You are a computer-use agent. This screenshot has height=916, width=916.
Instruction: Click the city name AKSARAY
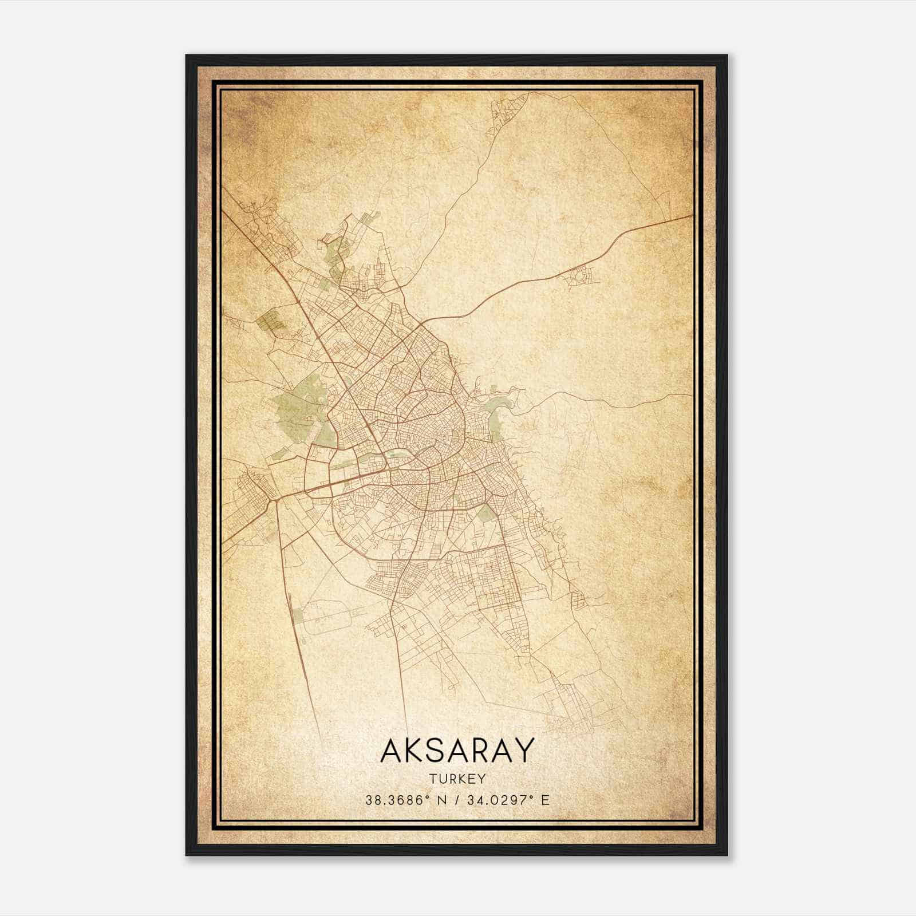click(x=457, y=750)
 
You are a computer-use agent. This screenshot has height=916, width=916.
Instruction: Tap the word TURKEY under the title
click(x=457, y=779)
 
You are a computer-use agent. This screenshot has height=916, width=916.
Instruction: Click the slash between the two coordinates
click(x=457, y=800)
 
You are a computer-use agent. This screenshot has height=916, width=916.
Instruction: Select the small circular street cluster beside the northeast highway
click(x=578, y=278)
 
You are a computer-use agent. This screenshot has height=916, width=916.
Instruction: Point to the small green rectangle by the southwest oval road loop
click(x=298, y=616)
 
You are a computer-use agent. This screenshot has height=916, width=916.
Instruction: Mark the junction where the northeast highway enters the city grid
click(x=421, y=325)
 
